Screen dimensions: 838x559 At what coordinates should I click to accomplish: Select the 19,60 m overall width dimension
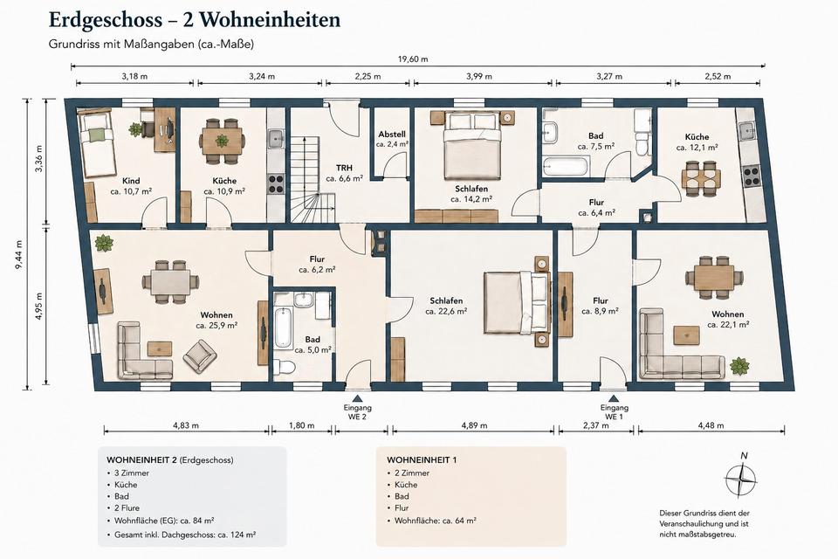pyautogui.click(x=417, y=66)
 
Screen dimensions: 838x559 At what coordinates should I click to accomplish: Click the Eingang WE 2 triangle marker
pyautogui.click(x=357, y=398)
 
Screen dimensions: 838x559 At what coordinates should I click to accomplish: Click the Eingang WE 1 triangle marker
pyautogui.click(x=614, y=398)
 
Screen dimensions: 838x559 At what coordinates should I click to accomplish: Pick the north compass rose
pyautogui.click(x=741, y=479)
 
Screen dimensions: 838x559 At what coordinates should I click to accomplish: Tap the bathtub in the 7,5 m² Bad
pyautogui.click(x=566, y=166)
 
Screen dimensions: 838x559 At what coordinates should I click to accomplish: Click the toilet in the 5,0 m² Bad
pyautogui.click(x=285, y=368)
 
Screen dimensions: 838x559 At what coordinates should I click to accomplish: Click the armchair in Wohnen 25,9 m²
pyautogui.click(x=200, y=356)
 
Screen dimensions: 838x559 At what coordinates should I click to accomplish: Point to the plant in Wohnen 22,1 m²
pyautogui.click(x=739, y=367)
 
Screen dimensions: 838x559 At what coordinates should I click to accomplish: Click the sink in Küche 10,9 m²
pyautogui.click(x=276, y=139)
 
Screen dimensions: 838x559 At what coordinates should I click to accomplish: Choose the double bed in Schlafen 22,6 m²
pyautogui.click(x=517, y=302)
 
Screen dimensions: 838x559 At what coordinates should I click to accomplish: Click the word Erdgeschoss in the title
pyautogui.click(x=106, y=20)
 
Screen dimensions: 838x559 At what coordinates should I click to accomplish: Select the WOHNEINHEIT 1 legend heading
pyautogui.click(x=422, y=460)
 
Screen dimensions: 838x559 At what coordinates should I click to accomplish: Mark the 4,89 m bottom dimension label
pyautogui.click(x=475, y=426)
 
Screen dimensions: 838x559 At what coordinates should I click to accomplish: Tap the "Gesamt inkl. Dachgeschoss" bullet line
pyautogui.click(x=184, y=535)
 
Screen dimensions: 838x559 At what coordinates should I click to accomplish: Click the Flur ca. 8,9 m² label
pyautogui.click(x=601, y=306)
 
